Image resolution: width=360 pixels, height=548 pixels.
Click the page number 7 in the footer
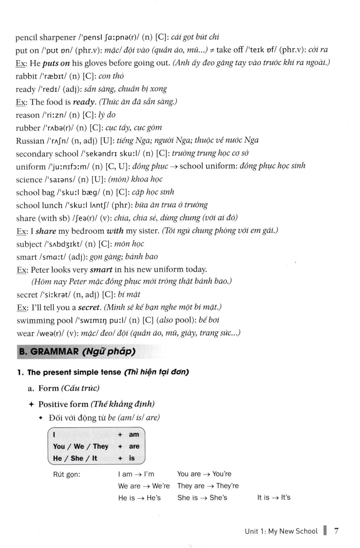[x=336, y=531]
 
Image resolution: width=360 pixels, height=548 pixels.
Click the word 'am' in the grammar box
[x=134, y=435]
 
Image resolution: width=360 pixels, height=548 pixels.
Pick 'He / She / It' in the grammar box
[x=75, y=458]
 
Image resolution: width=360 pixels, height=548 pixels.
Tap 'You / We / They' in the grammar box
[x=80, y=446]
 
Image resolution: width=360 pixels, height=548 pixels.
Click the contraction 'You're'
[x=222, y=474]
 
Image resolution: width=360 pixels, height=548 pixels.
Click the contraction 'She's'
[x=218, y=498]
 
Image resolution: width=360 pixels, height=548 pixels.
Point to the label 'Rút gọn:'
[x=67, y=474]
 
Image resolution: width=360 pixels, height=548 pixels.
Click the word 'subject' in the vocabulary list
[x=29, y=244]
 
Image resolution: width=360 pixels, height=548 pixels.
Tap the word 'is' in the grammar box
[x=132, y=458]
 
